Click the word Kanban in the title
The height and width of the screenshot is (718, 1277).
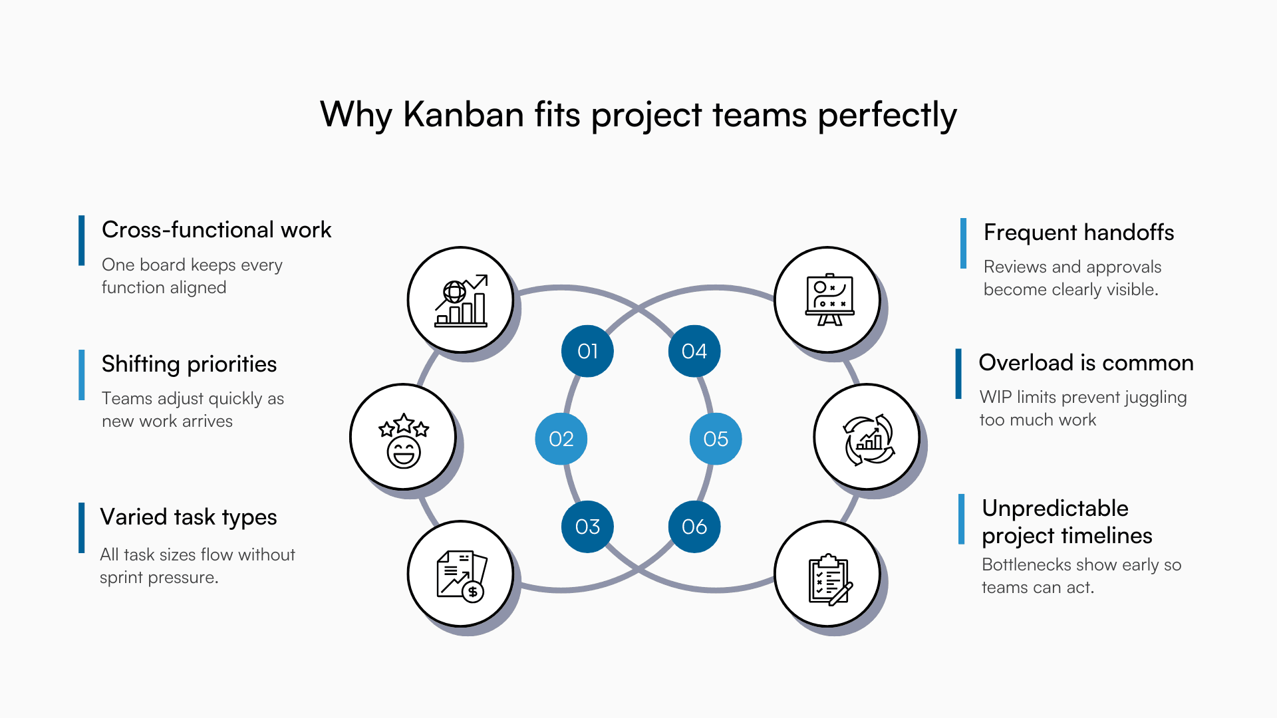(464, 114)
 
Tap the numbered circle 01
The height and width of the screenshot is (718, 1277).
(587, 351)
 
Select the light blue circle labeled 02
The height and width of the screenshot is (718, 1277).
(561, 439)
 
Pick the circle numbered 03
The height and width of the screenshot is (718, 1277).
(587, 527)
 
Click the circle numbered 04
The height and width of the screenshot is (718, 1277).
(694, 351)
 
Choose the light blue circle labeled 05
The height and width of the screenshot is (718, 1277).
(716, 439)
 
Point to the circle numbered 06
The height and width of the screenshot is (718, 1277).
(694, 527)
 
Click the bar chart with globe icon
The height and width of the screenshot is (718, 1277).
(461, 300)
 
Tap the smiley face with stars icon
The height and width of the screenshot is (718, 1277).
(404, 437)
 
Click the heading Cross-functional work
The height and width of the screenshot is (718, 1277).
(216, 229)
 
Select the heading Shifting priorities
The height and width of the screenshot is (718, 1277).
(189, 364)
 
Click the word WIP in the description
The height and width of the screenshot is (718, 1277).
(995, 397)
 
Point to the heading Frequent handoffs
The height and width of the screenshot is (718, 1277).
(1078, 232)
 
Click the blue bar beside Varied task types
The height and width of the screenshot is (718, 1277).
(82, 528)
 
